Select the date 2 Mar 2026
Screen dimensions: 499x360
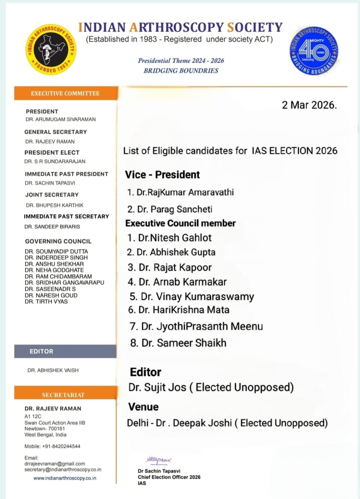[309, 105]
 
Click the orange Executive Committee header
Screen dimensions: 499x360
[65, 93]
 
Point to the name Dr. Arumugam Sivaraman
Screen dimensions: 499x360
[60, 119]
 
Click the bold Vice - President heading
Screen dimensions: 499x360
[162, 175]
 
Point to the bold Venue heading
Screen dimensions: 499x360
[143, 407]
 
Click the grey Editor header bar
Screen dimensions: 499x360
[65, 351]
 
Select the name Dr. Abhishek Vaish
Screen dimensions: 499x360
[53, 370]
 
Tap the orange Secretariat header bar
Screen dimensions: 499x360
[65, 395]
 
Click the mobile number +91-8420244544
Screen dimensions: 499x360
[52, 446]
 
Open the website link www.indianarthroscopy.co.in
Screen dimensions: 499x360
[65, 478]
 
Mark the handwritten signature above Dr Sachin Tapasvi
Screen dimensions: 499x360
[159, 460]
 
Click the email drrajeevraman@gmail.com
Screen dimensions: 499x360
[55, 464]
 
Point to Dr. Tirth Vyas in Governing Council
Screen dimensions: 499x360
[46, 302]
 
